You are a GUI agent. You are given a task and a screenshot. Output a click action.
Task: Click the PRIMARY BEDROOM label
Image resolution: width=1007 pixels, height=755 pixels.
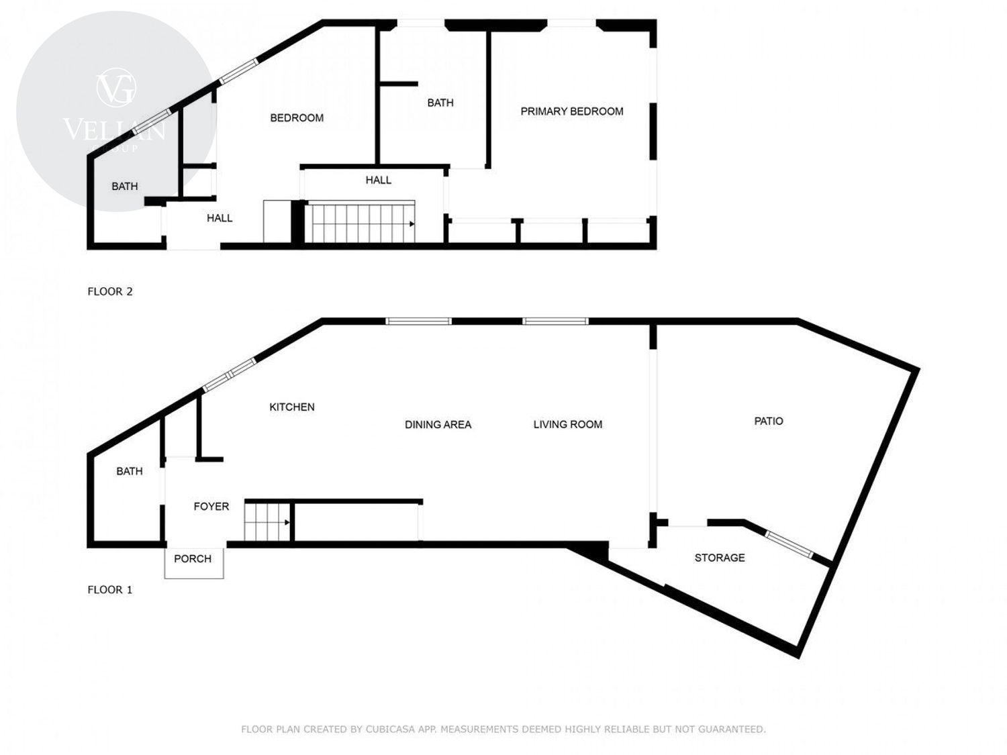571,111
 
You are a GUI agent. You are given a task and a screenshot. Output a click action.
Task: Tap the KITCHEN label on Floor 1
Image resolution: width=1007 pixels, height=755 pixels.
292,407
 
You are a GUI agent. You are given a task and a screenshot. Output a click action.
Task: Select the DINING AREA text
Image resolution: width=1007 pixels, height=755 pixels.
438,425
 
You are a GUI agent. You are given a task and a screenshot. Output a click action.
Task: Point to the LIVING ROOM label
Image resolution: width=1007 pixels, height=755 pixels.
567,425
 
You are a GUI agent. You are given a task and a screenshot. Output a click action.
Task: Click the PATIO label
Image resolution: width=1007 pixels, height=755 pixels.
769,421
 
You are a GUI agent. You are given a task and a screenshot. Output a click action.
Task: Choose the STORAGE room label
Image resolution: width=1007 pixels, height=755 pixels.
720,558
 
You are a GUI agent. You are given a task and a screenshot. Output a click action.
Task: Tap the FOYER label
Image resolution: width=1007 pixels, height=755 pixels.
211,507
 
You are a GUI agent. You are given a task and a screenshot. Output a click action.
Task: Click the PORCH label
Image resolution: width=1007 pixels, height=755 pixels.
193,559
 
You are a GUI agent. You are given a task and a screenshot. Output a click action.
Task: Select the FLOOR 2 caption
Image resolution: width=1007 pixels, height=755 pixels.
110,291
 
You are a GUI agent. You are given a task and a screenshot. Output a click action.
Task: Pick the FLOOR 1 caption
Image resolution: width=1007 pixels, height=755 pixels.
110,590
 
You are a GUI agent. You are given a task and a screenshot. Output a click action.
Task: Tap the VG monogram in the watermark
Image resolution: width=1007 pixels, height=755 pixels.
115,87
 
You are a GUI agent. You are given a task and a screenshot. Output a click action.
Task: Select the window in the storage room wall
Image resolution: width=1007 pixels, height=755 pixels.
788,544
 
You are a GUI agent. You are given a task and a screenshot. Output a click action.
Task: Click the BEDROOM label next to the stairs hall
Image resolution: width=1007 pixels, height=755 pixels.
297,118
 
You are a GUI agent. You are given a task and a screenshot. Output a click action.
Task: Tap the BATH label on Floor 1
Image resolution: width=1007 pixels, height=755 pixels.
130,471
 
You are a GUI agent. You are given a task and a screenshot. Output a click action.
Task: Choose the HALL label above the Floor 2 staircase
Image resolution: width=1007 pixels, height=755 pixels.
379,181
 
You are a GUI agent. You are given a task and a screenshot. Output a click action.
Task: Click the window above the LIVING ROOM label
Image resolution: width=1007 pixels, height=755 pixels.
555,321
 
